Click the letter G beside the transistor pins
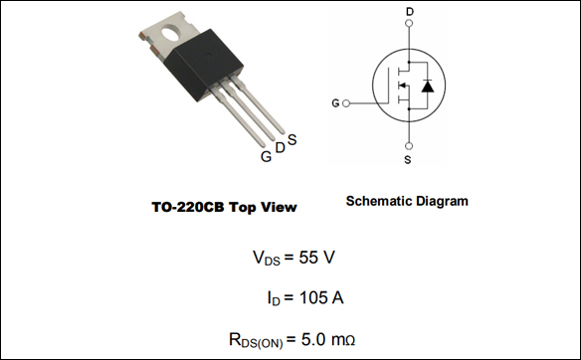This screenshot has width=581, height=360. [266, 157]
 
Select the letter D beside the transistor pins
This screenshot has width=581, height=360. [280, 148]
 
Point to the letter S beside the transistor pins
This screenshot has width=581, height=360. [291, 139]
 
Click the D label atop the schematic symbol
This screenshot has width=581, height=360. [410, 12]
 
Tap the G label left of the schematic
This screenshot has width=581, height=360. [335, 102]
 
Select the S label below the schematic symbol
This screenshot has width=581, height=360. [409, 159]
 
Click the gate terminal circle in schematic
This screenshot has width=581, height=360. [346, 102]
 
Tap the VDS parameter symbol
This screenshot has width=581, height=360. [267, 258]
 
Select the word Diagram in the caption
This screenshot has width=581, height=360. [443, 202]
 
